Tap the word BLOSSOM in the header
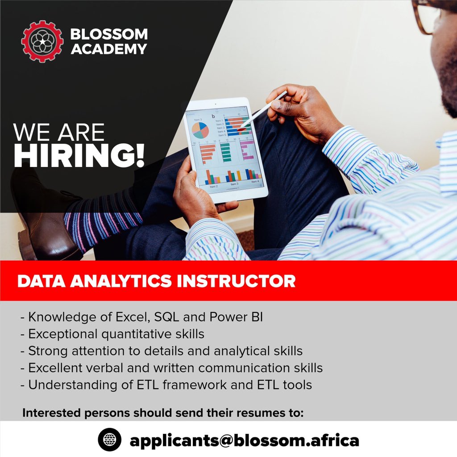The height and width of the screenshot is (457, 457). (x=109, y=34)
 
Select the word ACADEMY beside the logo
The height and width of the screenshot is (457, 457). (x=109, y=49)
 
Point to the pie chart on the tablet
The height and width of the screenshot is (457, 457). (x=200, y=130)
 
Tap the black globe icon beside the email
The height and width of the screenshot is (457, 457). (x=109, y=440)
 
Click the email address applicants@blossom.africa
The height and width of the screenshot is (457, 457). (x=244, y=440)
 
